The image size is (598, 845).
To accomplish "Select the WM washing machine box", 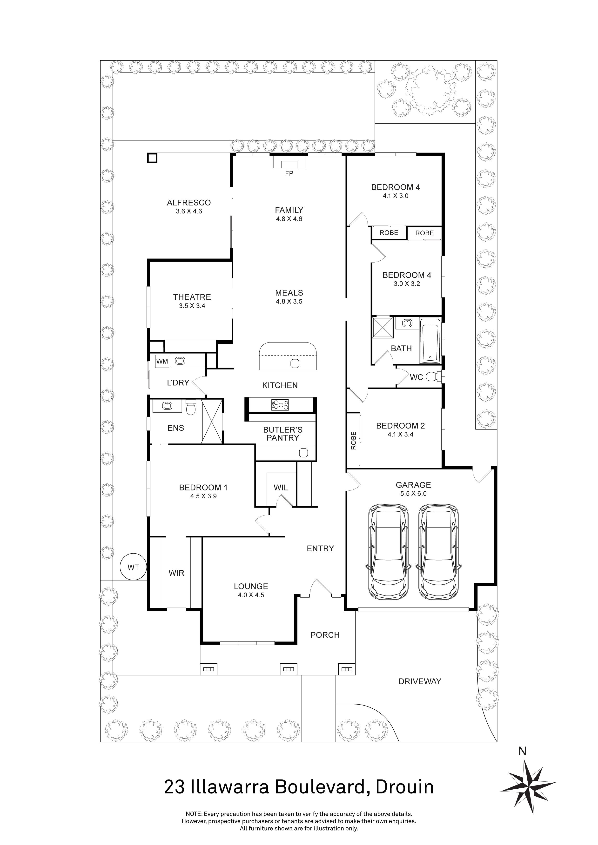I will point(162,361).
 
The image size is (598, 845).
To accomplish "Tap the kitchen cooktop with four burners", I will point(280,405).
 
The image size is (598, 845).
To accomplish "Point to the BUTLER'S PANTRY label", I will point(283,434).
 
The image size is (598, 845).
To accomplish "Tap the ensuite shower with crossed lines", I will point(212,421).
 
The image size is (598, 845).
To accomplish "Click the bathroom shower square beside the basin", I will point(383,326).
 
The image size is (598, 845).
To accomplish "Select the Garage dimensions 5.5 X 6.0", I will point(413,494).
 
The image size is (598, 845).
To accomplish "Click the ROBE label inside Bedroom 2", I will point(354,441).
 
